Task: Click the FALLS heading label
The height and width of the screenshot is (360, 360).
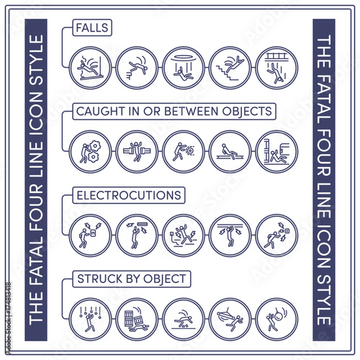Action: [92, 27]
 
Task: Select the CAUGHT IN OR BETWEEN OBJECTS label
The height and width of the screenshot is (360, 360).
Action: [174, 112]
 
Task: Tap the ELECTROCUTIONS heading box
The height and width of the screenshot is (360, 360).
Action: [129, 195]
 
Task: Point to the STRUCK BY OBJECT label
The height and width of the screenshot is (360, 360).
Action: [132, 279]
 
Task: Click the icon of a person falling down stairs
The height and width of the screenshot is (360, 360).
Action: [230, 68]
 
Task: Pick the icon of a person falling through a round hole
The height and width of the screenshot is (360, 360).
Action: [184, 68]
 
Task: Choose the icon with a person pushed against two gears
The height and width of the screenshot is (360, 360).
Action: [91, 152]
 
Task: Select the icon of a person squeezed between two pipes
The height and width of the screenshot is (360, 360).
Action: [137, 152]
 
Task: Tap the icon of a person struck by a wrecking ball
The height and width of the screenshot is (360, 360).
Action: [276, 319]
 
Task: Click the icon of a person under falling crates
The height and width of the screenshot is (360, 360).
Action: [137, 319]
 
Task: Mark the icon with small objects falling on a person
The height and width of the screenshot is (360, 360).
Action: [91, 319]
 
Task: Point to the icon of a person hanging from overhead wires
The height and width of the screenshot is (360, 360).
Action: [230, 235]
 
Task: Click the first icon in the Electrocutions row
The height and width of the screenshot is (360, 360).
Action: [91, 235]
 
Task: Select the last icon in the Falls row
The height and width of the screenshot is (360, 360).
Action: [276, 68]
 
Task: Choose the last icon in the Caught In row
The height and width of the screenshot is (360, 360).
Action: [276, 152]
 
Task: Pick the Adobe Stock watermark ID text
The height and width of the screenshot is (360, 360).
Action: [9, 318]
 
